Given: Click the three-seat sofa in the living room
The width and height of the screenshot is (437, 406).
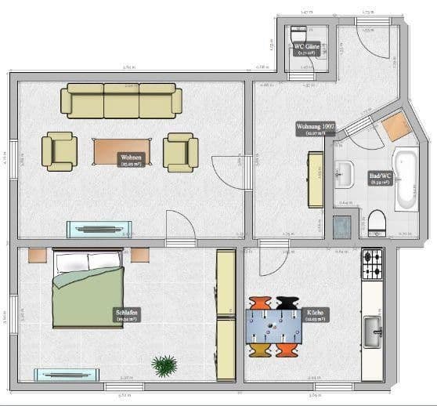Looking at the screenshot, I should pyautogui.click(x=121, y=101).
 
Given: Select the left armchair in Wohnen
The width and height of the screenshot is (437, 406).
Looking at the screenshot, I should pyautogui.click(x=60, y=150).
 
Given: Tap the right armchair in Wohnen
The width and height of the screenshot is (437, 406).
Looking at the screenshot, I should pyautogui.click(x=180, y=150).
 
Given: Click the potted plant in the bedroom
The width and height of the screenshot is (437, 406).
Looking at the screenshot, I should pyautogui.click(x=165, y=365).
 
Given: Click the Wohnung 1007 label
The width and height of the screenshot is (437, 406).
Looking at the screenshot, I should pyautogui.click(x=316, y=129).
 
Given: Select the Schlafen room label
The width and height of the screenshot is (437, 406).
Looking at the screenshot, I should pyautogui.click(x=127, y=315).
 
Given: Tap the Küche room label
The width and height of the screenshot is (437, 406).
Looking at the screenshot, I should pyautogui.click(x=316, y=314).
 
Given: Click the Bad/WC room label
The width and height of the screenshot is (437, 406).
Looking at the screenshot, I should pyautogui.click(x=380, y=177).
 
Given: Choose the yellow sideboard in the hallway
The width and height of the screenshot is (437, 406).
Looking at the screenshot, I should pyautogui.click(x=316, y=179).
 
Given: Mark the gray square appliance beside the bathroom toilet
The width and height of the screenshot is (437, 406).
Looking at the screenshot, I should pyautogui.click(x=341, y=225).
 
